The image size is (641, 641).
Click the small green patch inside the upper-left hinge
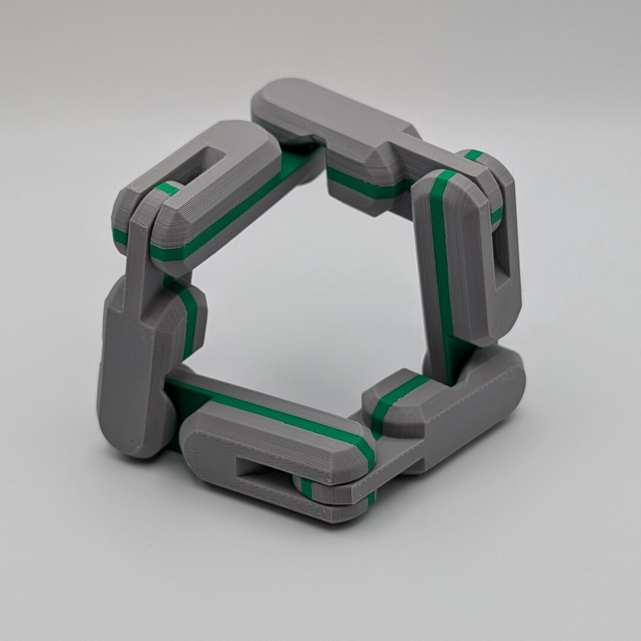click(169, 189)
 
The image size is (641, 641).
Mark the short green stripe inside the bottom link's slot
click(306, 487)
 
